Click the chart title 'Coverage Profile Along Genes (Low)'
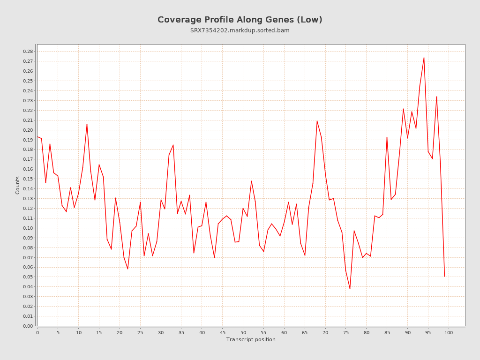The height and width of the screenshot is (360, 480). [x=240, y=20]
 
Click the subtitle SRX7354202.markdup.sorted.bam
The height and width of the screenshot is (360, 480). [x=240, y=30]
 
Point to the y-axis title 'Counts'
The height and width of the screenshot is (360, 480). [x=18, y=185]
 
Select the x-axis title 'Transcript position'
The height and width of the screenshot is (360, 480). [x=251, y=339]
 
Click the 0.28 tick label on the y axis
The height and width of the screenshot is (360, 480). [x=28, y=52]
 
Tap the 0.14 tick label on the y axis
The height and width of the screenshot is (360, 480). [x=28, y=189]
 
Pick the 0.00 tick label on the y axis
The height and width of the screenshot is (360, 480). [x=28, y=326]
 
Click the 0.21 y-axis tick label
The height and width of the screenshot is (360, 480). [x=28, y=120]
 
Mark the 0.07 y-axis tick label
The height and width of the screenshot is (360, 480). [x=28, y=258]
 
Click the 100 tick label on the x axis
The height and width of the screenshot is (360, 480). [x=449, y=333]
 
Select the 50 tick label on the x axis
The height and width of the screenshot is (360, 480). [x=243, y=333]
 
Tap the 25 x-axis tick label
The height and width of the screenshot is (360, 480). [x=140, y=333]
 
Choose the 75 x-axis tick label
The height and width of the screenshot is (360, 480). [x=346, y=333]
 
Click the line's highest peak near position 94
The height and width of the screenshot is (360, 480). [x=424, y=58]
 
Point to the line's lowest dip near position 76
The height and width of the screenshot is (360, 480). [x=350, y=289]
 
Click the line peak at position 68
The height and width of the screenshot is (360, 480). [x=317, y=120]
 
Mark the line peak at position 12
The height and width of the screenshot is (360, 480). [x=87, y=124]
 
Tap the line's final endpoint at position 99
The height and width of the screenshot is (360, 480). [x=444, y=277]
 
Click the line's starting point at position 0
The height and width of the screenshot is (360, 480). [x=37, y=137]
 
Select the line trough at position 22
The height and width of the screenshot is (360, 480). [x=127, y=269]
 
